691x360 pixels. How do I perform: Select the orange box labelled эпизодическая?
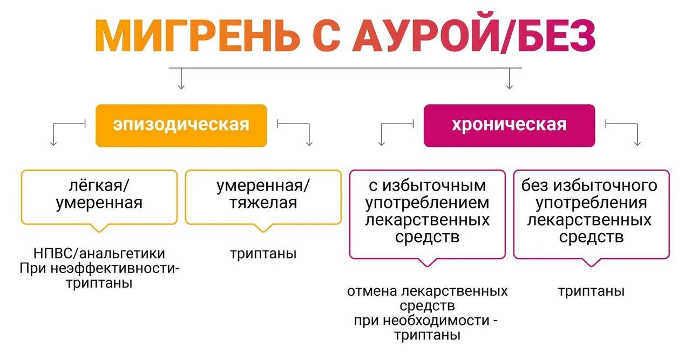pos(181,125)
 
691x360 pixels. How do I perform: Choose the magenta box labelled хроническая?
pos(509,125)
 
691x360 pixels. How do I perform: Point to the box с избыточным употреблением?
pos(428,213)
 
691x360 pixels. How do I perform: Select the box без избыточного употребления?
pos(591,213)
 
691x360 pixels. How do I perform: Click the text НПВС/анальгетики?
pos(99,253)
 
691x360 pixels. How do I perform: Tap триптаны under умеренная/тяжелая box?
pos(263,254)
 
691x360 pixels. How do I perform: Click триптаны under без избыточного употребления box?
pos(591,291)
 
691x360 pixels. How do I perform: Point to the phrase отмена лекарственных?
pos(428,291)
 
